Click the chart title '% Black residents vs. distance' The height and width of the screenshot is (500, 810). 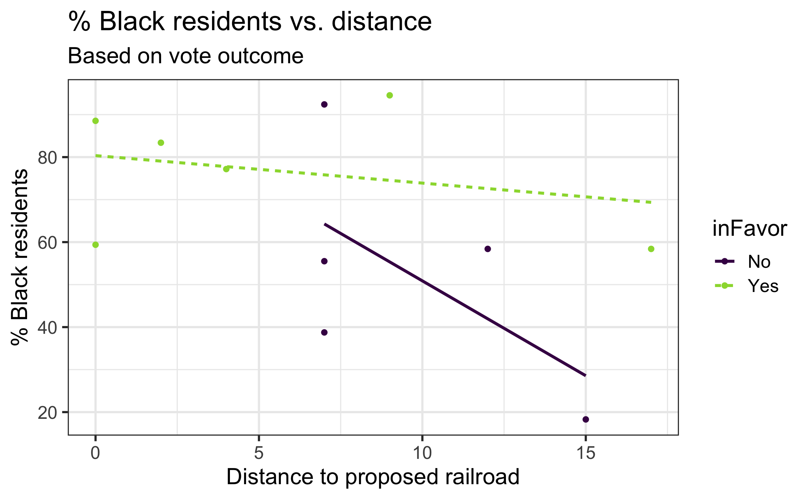coord(250,22)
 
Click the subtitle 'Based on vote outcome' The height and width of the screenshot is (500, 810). coord(185,56)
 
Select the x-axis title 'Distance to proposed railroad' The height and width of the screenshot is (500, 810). coord(373,477)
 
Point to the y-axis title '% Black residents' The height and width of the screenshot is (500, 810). coord(20,257)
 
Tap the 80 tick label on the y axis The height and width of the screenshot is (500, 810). coord(47,158)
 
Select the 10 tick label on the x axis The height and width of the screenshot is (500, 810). coord(422,453)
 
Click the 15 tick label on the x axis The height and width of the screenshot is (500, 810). coord(585,453)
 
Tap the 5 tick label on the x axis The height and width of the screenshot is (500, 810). coord(259,453)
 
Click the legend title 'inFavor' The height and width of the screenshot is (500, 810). coord(750,229)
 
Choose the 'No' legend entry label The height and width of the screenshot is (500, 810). coord(759,262)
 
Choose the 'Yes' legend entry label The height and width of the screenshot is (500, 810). coord(763,286)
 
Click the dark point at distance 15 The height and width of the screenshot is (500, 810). coord(586,419)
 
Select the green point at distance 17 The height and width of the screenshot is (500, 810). coord(651,249)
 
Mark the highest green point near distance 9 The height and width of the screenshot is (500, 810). coord(390,95)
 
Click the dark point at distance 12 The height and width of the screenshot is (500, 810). coord(488,249)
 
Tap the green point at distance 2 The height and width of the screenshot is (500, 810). coord(161,143)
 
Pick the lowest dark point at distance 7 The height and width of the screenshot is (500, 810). coord(324,332)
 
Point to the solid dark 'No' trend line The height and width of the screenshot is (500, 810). coord(455,300)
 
